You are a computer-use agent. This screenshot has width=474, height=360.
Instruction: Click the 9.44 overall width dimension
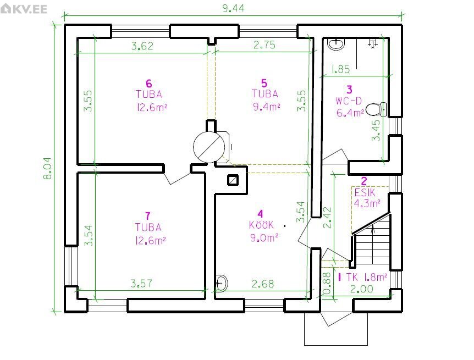[233, 8]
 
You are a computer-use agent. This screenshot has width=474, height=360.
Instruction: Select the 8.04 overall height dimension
[48, 169]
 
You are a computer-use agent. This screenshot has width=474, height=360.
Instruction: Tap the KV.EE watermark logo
[24, 8]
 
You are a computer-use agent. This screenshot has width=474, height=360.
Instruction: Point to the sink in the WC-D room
[336, 44]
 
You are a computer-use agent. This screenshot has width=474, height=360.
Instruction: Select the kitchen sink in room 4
[222, 284]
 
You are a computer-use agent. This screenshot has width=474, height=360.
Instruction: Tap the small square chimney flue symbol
[233, 180]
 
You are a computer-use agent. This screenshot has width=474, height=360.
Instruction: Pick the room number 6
[148, 83]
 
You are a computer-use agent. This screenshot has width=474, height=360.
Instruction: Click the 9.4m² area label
[266, 107]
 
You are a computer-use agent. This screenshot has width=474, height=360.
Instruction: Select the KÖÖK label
[261, 225]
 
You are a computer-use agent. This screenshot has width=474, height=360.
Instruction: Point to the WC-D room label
[349, 101]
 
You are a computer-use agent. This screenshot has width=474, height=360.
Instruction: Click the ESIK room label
[365, 192]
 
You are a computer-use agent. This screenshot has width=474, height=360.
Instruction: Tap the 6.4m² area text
[350, 113]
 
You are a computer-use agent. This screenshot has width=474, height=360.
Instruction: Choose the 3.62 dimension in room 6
[142, 46]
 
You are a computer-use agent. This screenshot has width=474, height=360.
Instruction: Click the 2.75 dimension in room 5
[264, 45]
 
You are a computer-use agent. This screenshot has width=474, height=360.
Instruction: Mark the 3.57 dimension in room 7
[141, 284]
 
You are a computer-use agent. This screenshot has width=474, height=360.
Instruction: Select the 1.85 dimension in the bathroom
[341, 69]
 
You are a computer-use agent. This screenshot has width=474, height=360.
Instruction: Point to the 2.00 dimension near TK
[361, 289]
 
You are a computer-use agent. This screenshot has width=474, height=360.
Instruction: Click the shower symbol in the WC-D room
[373, 43]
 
